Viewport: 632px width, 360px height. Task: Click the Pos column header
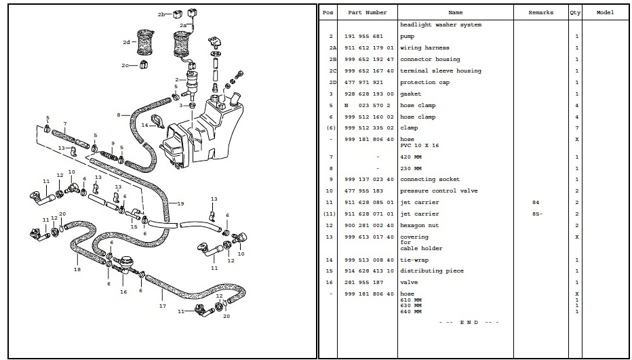[328, 12]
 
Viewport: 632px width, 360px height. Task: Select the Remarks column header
[540, 12]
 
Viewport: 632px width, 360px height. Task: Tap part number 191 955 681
[363, 37]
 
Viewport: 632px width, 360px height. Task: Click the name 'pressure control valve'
[439, 191]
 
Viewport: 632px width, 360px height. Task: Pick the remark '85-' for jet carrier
[537, 214]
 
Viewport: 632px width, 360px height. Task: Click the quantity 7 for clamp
[577, 127]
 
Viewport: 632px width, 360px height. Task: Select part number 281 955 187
[363, 282]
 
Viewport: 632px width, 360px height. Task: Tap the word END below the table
[469, 323]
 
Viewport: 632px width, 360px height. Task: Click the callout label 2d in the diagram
[127, 42]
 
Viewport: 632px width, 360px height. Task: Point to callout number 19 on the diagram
[180, 203]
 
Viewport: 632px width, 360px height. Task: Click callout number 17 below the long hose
[163, 306]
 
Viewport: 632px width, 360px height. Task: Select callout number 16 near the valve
[123, 292]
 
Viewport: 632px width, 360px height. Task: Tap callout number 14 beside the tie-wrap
[144, 125]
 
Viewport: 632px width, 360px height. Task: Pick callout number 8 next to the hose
[119, 115]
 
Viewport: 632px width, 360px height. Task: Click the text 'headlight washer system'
[441, 24]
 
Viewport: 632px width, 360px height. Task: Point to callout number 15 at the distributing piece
[134, 226]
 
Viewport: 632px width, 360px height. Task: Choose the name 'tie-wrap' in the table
[414, 260]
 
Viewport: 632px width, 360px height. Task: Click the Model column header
[605, 12]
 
